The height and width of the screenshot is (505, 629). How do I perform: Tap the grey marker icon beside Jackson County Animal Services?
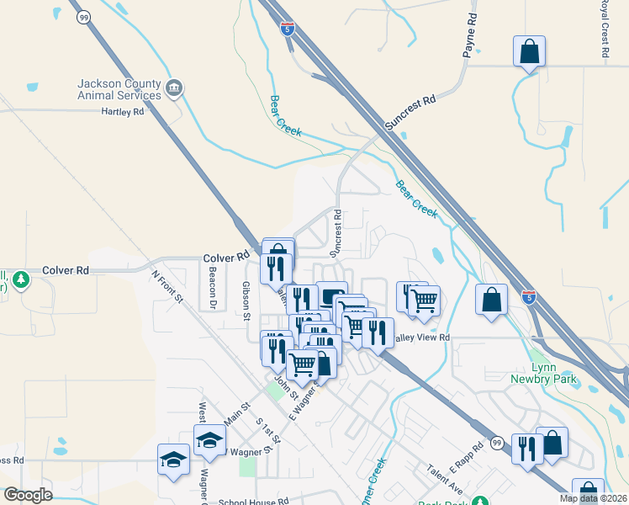(x=175, y=87)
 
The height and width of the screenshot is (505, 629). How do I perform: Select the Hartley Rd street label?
(x=123, y=111)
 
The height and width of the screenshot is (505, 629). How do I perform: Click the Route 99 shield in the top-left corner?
(x=82, y=17)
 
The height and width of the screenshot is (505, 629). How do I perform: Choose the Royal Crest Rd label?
(x=604, y=29)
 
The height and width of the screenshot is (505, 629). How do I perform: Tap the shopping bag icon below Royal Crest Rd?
(x=529, y=52)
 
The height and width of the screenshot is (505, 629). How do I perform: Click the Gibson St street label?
(x=246, y=301)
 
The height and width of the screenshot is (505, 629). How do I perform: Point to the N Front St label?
(x=167, y=285)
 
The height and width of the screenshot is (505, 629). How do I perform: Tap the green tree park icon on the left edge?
(x=20, y=279)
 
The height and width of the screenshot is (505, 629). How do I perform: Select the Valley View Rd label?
(x=420, y=338)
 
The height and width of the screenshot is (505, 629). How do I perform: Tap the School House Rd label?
(x=255, y=500)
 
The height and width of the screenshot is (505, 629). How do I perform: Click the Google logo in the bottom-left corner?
(x=28, y=495)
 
